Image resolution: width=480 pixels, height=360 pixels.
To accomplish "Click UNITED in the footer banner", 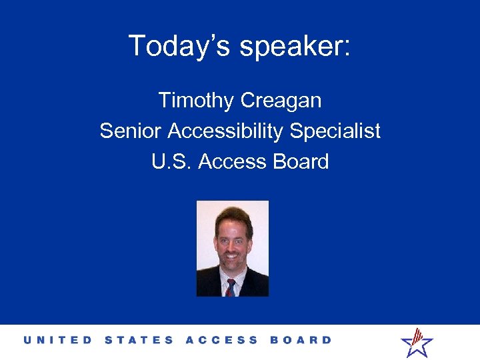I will (x=58, y=340).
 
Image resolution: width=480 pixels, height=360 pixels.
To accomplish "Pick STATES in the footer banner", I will (x=139, y=340).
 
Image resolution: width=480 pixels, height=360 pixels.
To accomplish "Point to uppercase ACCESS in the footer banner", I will (x=221, y=340).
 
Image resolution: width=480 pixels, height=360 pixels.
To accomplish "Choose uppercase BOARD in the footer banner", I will (x=301, y=340).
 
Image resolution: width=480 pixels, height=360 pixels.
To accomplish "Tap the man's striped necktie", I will (x=230, y=287).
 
